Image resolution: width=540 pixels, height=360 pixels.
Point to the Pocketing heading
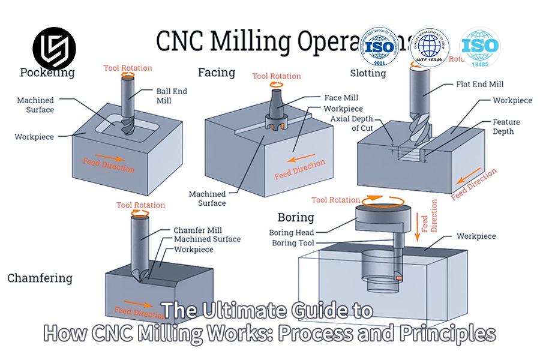47,73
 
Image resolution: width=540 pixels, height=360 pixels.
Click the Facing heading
216,73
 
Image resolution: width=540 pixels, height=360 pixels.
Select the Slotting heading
368,73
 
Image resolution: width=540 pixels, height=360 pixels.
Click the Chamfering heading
40,278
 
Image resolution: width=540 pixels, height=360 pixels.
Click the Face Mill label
341,98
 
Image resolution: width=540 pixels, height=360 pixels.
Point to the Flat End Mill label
479,85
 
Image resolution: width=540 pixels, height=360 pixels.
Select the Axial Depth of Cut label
363,124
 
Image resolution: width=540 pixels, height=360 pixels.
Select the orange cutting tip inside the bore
398,278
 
